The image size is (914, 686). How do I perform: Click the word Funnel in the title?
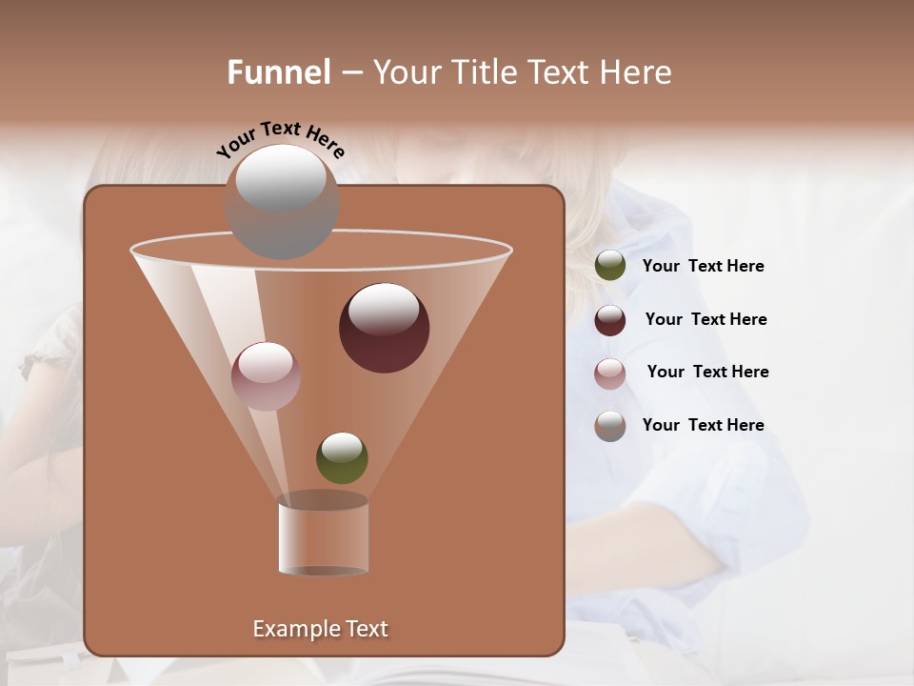(x=278, y=72)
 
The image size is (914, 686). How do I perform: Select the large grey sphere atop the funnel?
(x=282, y=202)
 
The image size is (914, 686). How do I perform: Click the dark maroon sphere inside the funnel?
(x=385, y=329)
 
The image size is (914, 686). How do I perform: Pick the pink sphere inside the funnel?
(x=266, y=375)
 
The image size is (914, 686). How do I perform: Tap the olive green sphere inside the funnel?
(x=342, y=457)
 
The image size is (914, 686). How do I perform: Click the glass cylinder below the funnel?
(x=323, y=536)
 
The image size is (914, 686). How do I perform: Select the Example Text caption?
(x=320, y=629)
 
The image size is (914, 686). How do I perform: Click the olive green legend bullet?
(x=610, y=266)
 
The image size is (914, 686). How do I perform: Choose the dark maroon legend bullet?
(x=610, y=320)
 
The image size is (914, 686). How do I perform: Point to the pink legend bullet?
(x=610, y=373)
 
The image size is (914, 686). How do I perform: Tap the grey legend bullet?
(x=610, y=425)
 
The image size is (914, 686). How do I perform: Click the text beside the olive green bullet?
(x=703, y=267)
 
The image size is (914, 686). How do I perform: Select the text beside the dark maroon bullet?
(x=705, y=320)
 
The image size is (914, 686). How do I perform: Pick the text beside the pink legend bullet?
(x=707, y=373)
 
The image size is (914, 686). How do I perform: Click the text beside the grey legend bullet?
(x=703, y=425)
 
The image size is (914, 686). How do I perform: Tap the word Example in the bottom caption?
(x=291, y=629)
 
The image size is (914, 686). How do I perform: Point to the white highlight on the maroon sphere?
(x=384, y=310)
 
